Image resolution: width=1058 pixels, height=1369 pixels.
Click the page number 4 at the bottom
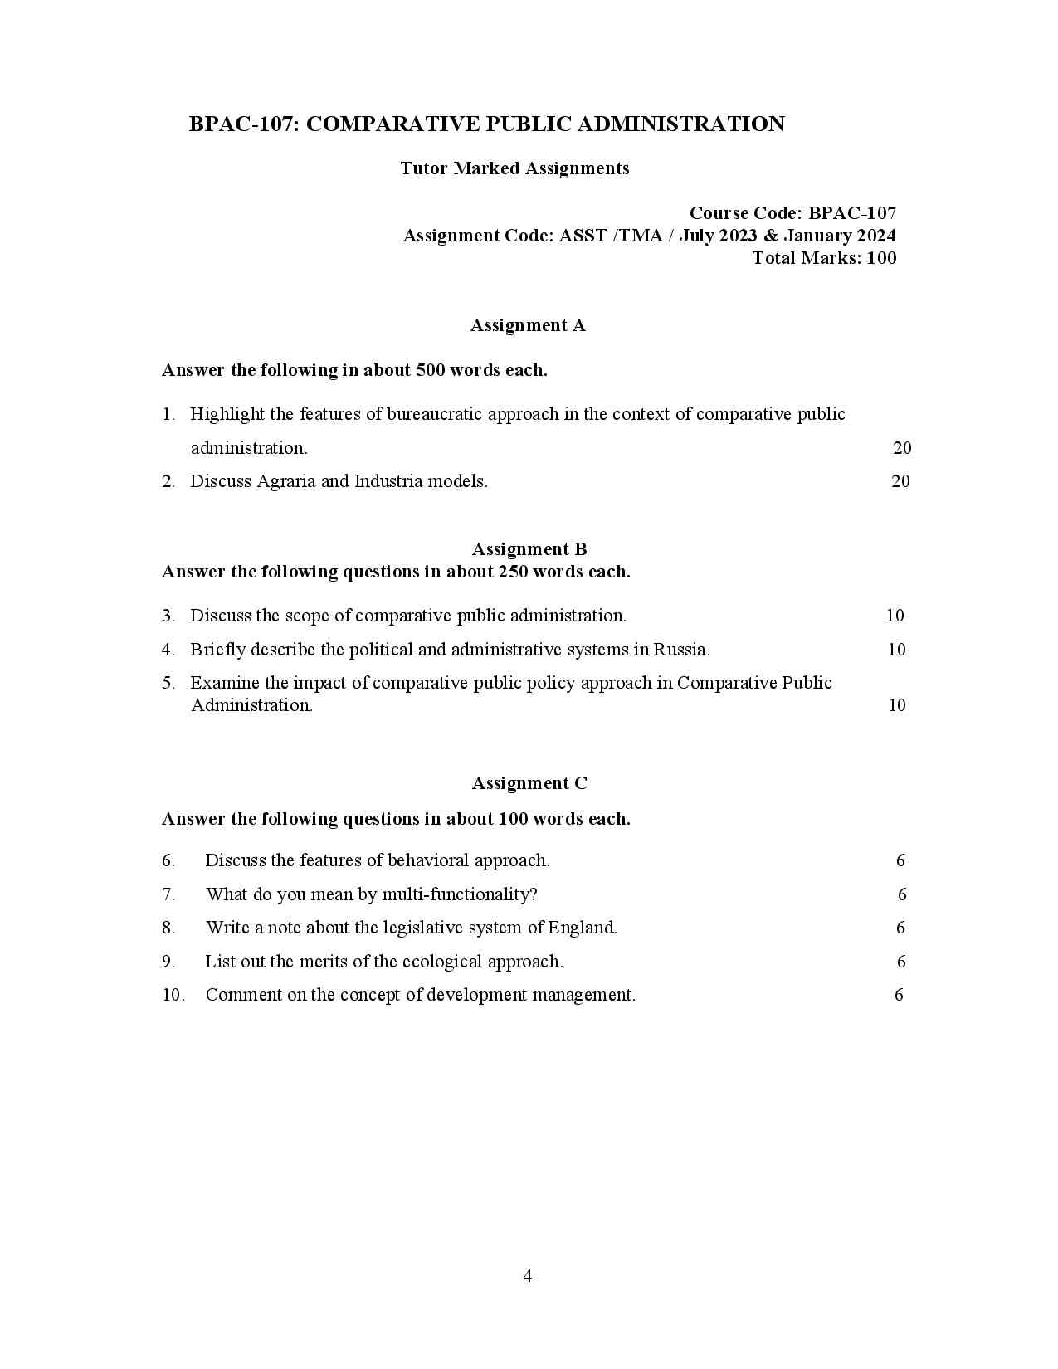[528, 1276]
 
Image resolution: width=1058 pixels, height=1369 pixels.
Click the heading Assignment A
[528, 325]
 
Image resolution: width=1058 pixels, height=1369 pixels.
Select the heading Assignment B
[529, 549]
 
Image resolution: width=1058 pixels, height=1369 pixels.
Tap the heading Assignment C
[529, 783]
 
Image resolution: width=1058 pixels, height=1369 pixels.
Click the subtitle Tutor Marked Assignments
[514, 168]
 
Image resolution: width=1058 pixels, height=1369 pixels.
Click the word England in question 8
[582, 928]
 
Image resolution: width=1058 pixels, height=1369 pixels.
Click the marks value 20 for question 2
[900, 481]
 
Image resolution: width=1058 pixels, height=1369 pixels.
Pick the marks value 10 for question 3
[895, 616]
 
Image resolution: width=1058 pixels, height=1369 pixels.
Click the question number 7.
[168, 894]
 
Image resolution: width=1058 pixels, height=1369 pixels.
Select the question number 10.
[173, 995]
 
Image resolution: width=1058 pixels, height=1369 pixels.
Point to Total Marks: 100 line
[824, 258]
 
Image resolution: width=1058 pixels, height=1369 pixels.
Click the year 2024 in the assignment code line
[875, 236]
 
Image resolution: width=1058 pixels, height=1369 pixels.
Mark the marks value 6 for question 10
[899, 995]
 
